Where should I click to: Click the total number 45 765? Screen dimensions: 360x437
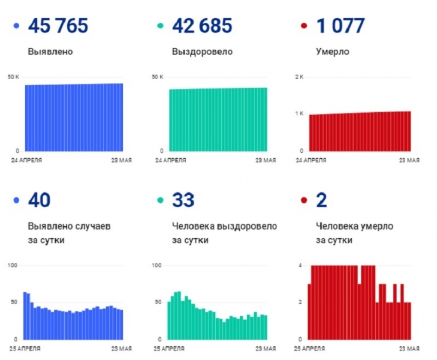click(58, 26)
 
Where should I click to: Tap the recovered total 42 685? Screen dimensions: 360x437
click(202, 26)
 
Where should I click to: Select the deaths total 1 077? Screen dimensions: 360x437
click(340, 26)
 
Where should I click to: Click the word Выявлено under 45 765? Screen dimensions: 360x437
click(50, 52)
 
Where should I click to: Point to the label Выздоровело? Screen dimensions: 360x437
click(202, 52)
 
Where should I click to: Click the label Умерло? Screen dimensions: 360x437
click(333, 52)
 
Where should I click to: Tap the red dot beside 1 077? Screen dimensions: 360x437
click(303, 26)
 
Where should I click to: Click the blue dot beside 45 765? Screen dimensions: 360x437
click(16, 26)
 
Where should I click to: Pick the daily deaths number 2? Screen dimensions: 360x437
click(321, 200)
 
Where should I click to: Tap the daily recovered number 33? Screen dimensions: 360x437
click(183, 200)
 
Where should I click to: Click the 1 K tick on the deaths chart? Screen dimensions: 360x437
click(299, 113)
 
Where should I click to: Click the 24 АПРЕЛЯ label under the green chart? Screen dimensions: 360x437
click(171, 160)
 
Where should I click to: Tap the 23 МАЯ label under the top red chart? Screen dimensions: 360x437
click(409, 160)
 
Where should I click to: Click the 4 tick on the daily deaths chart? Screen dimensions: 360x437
click(300, 265)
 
